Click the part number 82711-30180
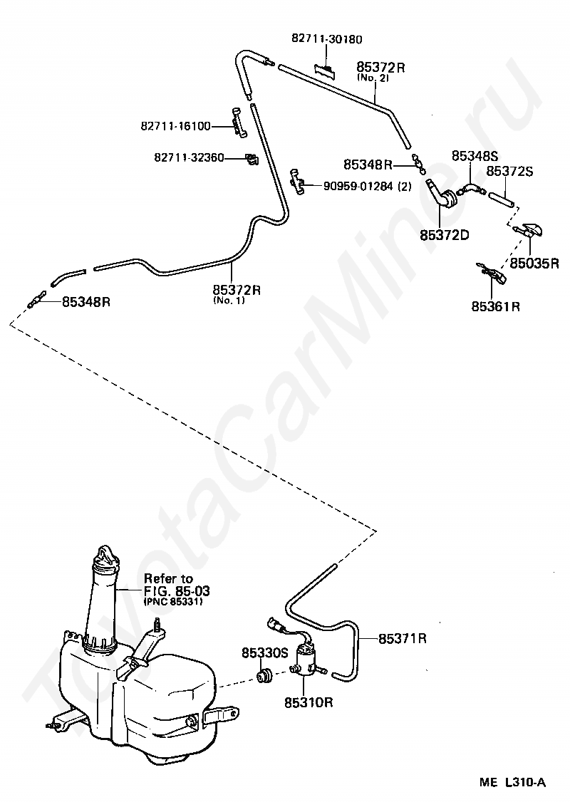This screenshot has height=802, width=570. click(326, 39)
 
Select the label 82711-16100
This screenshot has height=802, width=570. click(175, 126)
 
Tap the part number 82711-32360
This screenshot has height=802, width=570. click(189, 157)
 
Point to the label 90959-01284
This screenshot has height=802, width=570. click(358, 186)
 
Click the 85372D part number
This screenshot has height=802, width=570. click(444, 235)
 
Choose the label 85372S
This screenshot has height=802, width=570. click(509, 172)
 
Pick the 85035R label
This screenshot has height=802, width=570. click(534, 264)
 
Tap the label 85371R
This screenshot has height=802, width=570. click(402, 639)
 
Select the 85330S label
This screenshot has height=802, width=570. click(265, 653)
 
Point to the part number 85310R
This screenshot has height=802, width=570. click(309, 702)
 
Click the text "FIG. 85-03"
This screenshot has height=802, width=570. click(177, 590)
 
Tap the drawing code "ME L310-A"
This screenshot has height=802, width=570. click(513, 783)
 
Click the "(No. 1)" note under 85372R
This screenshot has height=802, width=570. click(229, 301)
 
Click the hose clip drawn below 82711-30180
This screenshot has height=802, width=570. click(326, 71)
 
